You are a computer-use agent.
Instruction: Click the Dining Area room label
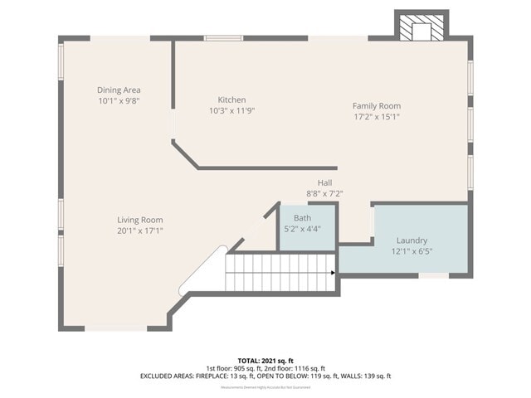(119, 90)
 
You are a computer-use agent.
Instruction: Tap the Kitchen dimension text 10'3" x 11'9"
(231, 110)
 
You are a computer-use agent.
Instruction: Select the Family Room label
(376, 105)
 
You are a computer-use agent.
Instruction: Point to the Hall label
(324, 182)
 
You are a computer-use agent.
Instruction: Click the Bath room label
(302, 217)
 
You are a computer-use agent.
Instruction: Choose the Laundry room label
(412, 240)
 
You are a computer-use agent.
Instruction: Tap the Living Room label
(139, 220)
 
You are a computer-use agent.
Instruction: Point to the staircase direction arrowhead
(333, 272)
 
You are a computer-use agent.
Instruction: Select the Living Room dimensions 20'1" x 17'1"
(139, 231)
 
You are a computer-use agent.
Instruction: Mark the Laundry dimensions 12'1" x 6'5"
(412, 251)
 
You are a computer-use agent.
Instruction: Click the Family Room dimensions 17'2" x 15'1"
(376, 117)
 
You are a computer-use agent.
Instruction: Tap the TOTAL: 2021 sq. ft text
(265, 360)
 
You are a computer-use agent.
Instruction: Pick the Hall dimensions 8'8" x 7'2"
(324, 193)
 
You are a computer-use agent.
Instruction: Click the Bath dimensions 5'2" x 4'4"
(302, 228)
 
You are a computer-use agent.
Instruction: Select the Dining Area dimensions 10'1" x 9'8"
(119, 100)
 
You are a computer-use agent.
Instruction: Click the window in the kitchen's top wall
(224, 38)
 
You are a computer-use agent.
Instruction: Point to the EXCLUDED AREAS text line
(265, 376)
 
